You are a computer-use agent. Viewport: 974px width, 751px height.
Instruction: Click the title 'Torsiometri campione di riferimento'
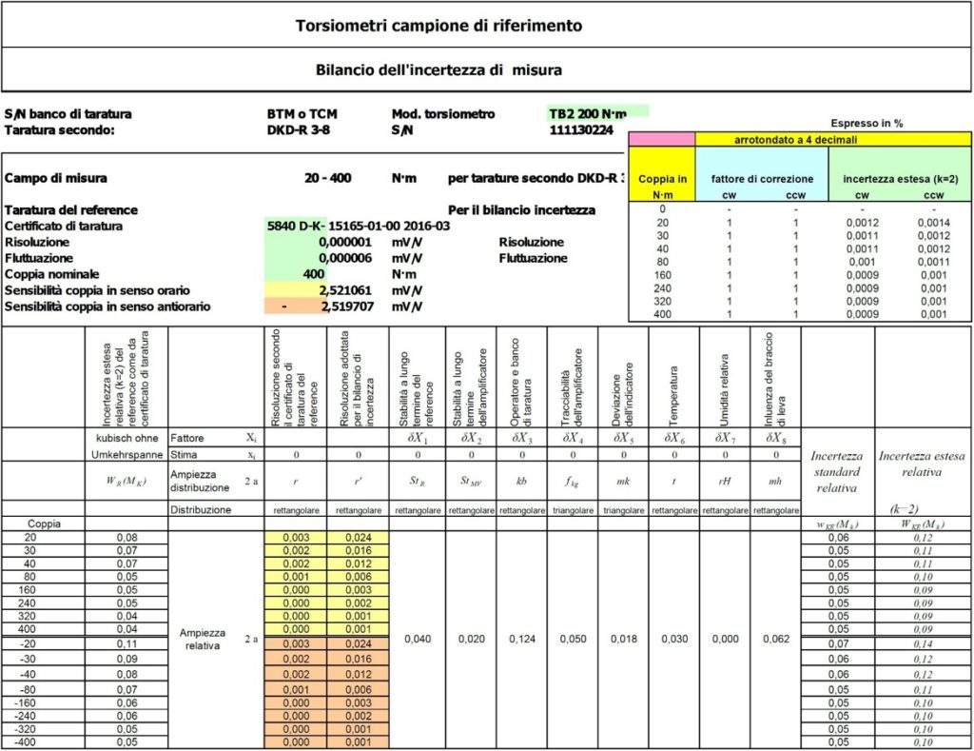pyautogui.click(x=439, y=26)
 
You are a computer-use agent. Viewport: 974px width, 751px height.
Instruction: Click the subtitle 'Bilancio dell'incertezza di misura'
pyautogui.click(x=438, y=69)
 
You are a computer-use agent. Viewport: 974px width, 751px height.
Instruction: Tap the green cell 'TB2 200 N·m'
pyautogui.click(x=596, y=113)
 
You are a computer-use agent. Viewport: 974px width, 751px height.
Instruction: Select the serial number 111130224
pyautogui.click(x=582, y=130)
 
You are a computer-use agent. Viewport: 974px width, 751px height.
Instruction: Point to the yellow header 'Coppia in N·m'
pyautogui.click(x=662, y=186)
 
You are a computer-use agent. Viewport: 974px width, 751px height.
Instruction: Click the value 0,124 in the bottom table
pyautogui.click(x=521, y=640)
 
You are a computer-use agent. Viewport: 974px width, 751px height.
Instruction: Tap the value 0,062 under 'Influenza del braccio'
pyautogui.click(x=775, y=640)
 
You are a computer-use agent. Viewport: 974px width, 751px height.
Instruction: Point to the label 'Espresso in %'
pyautogui.click(x=867, y=124)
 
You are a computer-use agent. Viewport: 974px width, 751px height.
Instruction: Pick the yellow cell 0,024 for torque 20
pyautogui.click(x=351, y=537)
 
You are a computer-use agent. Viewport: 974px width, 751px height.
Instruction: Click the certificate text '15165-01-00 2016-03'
pyautogui.click(x=389, y=227)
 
